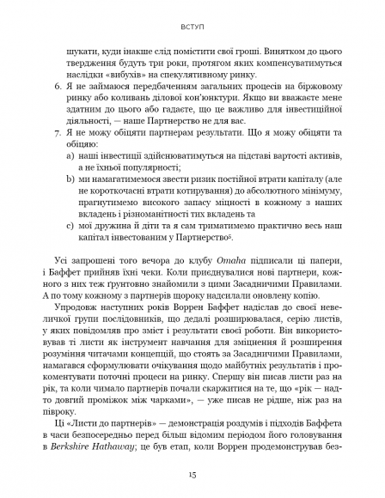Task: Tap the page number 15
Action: [192, 471]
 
